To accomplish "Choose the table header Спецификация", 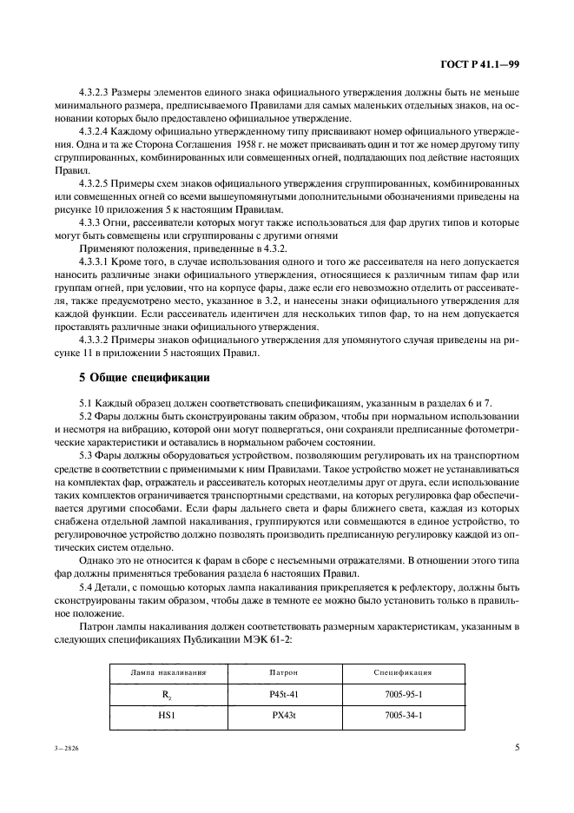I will [404, 672].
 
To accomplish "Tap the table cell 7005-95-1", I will [404, 695].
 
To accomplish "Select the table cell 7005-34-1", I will [404, 717].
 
